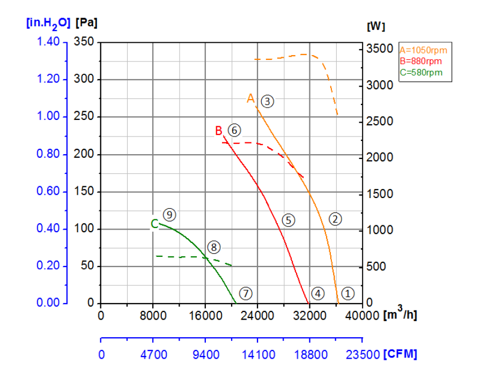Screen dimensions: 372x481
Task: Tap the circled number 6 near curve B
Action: click(x=234, y=130)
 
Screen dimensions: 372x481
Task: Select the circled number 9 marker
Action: click(x=169, y=215)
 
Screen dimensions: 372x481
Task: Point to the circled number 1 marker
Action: click(x=347, y=293)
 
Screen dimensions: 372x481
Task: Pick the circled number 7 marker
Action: click(x=246, y=293)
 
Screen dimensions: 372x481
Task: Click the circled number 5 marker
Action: click(x=288, y=220)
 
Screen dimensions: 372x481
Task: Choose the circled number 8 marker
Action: click(x=214, y=247)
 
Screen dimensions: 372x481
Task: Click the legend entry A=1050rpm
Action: click(x=423, y=50)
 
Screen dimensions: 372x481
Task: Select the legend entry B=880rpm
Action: click(x=421, y=61)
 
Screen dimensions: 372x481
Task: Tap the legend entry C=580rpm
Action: click(x=421, y=72)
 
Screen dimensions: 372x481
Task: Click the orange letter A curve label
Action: click(x=250, y=98)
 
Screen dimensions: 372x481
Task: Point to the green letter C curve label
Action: click(x=154, y=224)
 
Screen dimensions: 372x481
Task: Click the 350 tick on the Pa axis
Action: click(x=84, y=42)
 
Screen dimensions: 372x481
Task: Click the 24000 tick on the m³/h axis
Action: click(x=257, y=315)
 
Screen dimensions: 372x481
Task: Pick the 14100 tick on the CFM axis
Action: click(x=257, y=354)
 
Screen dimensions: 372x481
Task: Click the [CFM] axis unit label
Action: click(x=400, y=354)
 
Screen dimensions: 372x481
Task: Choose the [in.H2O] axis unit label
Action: click(x=48, y=24)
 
